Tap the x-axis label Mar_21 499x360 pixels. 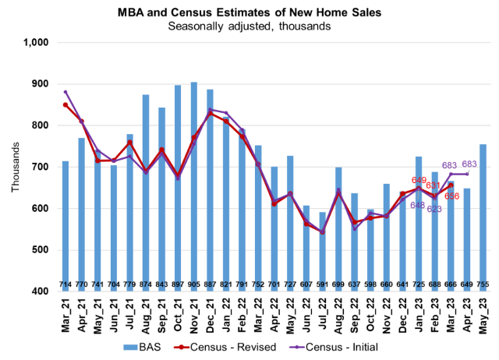tap(66, 314)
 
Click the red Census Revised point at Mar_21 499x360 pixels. tap(65, 104)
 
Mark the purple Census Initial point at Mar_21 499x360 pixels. tap(65, 92)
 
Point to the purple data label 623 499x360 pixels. tap(434, 210)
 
